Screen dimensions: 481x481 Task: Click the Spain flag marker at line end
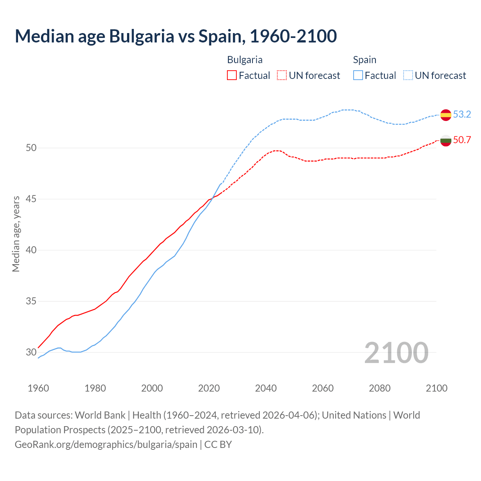coord(446,115)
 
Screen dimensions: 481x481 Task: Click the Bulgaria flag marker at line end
coord(446,141)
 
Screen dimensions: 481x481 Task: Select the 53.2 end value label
coord(462,114)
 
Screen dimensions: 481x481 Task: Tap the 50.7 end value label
coord(462,140)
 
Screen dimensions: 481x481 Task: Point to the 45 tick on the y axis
coord(31,199)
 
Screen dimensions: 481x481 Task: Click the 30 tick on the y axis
coord(31,352)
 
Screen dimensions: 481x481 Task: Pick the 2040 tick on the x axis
coord(266,388)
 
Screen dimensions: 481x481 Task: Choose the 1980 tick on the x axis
coord(95,388)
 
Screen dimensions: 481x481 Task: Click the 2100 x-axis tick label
coord(436,388)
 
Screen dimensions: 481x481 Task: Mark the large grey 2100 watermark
coord(396,352)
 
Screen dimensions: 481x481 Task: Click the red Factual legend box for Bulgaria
coord(232,75)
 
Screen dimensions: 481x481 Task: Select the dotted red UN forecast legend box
coord(282,75)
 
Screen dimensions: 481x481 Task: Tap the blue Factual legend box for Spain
coord(358,75)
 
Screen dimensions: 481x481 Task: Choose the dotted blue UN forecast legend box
coord(408,75)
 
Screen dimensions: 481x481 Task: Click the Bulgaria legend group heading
coord(245,60)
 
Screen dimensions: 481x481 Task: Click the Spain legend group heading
coord(365,60)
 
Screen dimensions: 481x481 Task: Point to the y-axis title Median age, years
coord(16,234)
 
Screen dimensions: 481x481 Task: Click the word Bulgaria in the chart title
coord(142,36)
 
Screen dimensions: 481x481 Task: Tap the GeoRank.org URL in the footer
coord(106,444)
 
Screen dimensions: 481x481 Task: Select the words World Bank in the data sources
coord(100,415)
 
